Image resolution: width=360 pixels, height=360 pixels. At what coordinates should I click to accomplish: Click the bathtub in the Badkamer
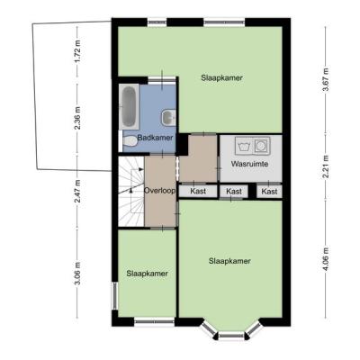129,106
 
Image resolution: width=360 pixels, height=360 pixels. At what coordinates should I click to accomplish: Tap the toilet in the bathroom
129,140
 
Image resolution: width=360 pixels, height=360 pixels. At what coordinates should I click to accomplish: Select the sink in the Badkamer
168,117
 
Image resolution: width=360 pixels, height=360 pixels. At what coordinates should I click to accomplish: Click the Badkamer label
155,138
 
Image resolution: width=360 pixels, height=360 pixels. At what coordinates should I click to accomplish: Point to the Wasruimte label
249,164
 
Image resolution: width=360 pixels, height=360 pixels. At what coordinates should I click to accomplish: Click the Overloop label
159,191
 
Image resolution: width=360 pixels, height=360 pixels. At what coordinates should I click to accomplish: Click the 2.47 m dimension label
77,191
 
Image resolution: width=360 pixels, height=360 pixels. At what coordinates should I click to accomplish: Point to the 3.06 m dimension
77,273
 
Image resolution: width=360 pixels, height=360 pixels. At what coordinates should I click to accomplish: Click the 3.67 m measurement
326,80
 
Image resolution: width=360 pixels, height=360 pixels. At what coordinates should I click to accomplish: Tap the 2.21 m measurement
326,166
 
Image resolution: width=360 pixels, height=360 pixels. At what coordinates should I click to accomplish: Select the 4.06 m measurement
326,258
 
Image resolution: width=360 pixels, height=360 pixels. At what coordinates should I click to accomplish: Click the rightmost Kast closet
269,192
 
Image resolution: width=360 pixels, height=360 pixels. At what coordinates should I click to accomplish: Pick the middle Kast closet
234,192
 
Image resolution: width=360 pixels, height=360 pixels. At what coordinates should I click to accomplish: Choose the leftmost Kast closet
198,191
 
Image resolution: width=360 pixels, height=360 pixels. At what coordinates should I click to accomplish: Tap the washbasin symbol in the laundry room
245,146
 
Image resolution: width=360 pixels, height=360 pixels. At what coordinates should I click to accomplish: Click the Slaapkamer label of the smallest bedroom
147,274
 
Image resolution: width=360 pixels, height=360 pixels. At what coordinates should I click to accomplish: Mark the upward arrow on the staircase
131,190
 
